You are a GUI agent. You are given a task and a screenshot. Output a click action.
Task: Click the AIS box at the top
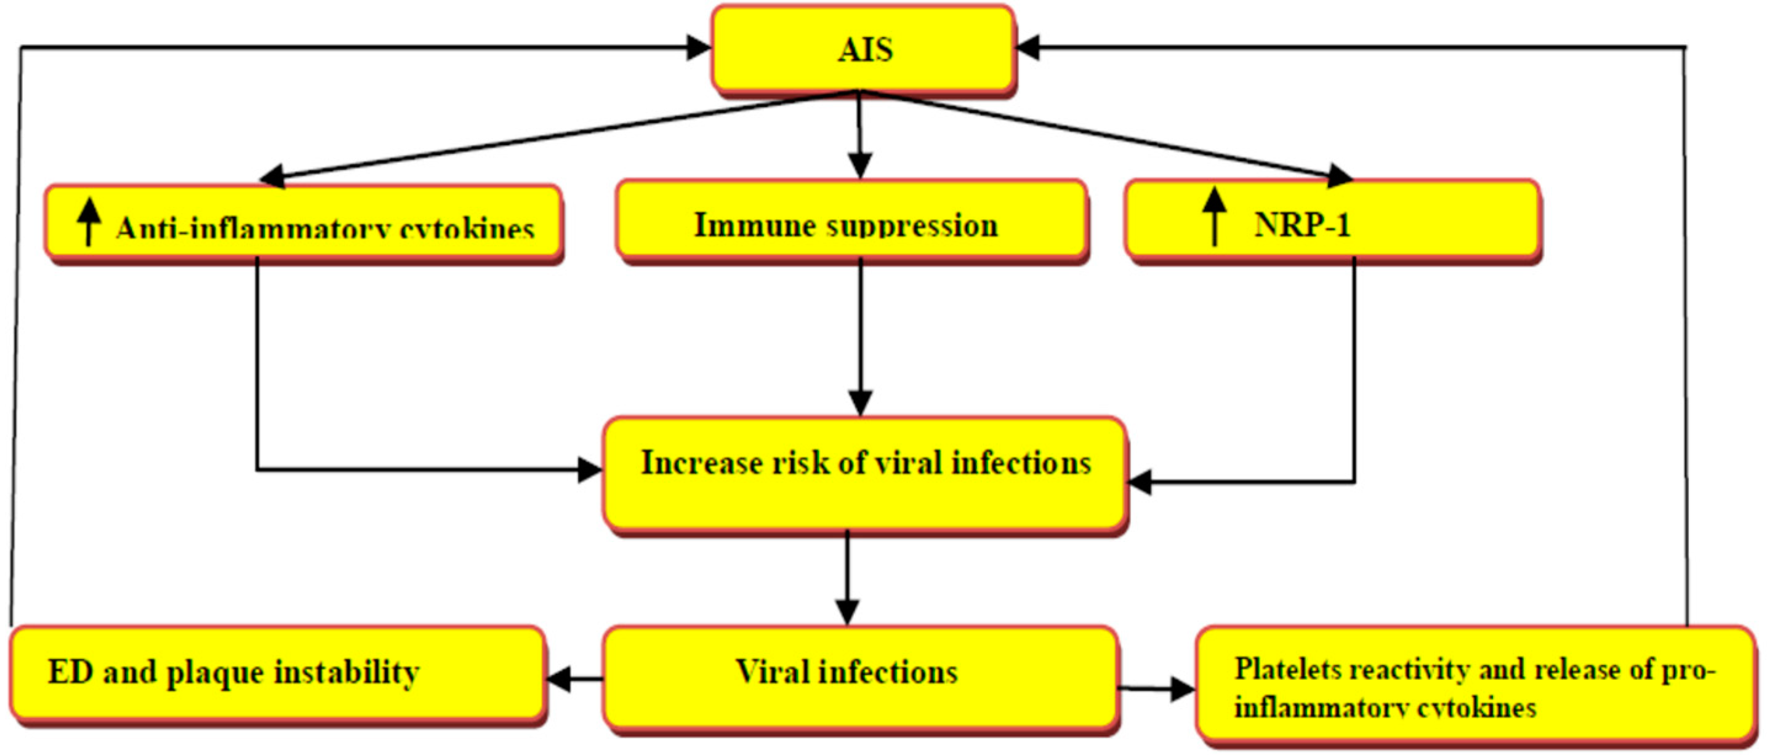pyautogui.click(x=863, y=49)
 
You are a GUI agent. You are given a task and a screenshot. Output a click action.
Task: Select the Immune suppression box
pyautogui.click(x=851, y=223)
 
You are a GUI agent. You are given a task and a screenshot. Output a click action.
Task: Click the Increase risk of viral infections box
pyautogui.click(x=864, y=473)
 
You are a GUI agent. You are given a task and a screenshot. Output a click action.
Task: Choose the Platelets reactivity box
pyautogui.click(x=1475, y=685)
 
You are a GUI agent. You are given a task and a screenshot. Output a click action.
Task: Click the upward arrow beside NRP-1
pyautogui.click(x=1214, y=215)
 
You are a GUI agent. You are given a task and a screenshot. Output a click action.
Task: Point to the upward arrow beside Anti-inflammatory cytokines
pyautogui.click(x=89, y=221)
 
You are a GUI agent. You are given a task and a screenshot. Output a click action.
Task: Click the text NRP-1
pyautogui.click(x=1302, y=225)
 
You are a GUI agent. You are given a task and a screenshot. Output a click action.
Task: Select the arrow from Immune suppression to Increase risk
pyautogui.click(x=860, y=336)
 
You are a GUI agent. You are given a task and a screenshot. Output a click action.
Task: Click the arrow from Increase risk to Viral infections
pyautogui.click(x=848, y=576)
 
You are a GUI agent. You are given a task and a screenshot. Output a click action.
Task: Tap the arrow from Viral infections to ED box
pyautogui.click(x=574, y=679)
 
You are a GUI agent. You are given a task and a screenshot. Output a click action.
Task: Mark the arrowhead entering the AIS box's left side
pyautogui.click(x=698, y=47)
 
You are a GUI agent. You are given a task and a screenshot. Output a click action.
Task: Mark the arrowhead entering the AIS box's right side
pyautogui.click(x=1028, y=47)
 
